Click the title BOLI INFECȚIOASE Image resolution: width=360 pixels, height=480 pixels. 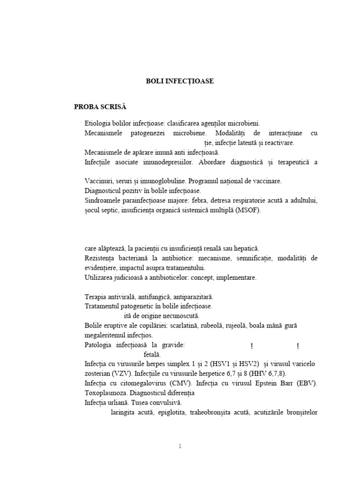pos(180,81)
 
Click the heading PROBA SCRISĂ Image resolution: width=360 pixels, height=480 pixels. pos(100,107)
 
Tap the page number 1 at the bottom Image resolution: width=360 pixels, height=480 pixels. pos(180,446)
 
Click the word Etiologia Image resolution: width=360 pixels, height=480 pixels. pos(98,123)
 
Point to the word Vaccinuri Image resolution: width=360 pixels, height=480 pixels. pos(99,181)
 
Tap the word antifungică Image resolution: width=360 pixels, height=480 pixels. pos(152,297)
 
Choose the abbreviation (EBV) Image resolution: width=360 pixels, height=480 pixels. pos(306,383)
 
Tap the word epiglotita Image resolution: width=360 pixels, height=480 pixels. pos(170,412)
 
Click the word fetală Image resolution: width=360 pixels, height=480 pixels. pos(152,354)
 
